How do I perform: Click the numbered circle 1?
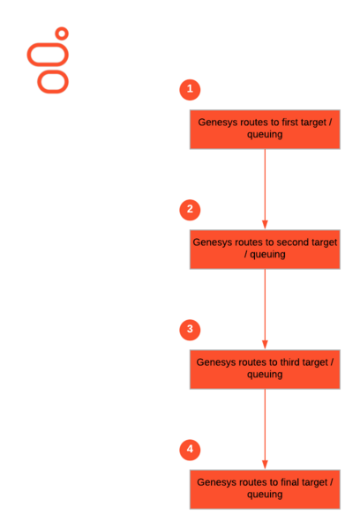tap(190, 90)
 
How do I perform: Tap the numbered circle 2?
tap(190, 210)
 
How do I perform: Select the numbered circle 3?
tap(190, 330)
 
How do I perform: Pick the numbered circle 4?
tap(190, 450)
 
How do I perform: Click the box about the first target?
tap(265, 130)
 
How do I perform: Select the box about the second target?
tap(265, 250)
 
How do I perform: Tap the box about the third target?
tap(265, 369)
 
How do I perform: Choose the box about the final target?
tap(265, 489)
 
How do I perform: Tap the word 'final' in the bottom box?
tap(289, 482)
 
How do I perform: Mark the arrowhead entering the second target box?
tap(265, 225)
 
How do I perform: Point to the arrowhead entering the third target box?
tap(265, 345)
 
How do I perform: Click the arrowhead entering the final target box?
tap(265, 465)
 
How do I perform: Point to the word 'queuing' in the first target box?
tap(265, 135)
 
